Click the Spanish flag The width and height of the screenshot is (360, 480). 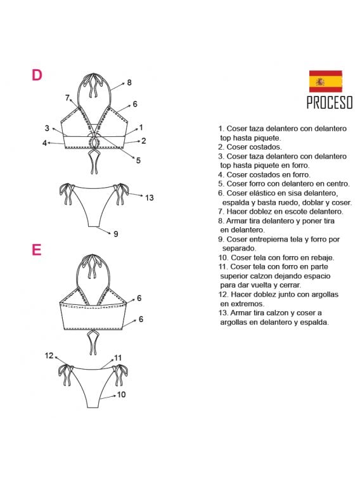tap(325, 81)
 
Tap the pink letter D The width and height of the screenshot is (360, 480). tap(37, 75)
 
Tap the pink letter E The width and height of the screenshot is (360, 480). tap(36, 250)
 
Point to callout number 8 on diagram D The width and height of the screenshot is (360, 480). tap(129, 82)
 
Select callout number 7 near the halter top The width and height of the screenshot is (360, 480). tap(67, 98)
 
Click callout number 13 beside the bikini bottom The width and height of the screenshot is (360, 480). tap(149, 198)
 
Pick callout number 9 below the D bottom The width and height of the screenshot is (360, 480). tap(115, 234)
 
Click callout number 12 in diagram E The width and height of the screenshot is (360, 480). tap(49, 356)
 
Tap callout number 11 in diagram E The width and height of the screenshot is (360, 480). tap(117, 358)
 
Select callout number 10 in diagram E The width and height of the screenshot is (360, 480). tap(121, 394)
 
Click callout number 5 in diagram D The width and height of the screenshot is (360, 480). tap(138, 161)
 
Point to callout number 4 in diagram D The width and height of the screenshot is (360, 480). tap(45, 143)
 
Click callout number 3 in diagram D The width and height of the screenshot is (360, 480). tap(47, 129)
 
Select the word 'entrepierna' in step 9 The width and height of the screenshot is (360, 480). tap(268, 239)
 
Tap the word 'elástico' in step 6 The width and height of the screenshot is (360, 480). tap(262, 193)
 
